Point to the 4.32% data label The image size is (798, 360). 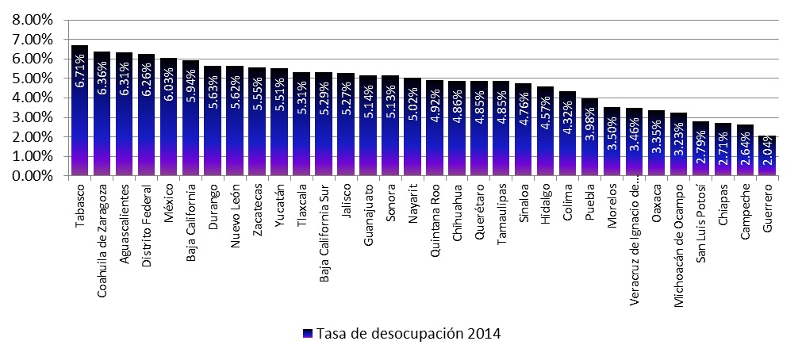pos(568,126)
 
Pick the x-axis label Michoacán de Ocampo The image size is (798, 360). pos(678,244)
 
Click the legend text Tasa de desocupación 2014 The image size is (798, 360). pos(409,331)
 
